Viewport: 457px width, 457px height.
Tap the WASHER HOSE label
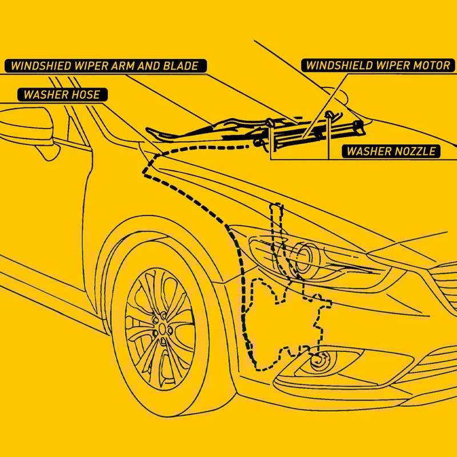tap(62, 95)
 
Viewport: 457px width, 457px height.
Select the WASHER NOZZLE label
tap(391, 151)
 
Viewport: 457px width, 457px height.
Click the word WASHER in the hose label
tap(45, 95)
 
